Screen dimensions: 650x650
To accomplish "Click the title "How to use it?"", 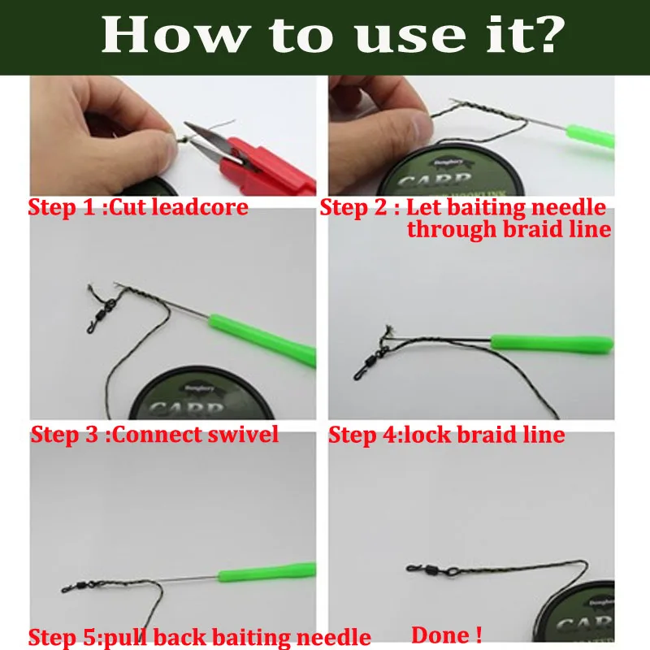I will [x=332, y=36].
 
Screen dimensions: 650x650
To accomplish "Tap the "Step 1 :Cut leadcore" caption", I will [x=138, y=207].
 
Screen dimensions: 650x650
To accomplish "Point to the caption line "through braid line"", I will [x=509, y=229].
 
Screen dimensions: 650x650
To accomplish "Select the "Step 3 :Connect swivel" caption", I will [x=154, y=435].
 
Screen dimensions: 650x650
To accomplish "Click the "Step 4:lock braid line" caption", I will [x=446, y=435].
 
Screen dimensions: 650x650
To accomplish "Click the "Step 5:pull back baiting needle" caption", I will [x=200, y=637].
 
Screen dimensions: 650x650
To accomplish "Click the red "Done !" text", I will [x=446, y=635].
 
